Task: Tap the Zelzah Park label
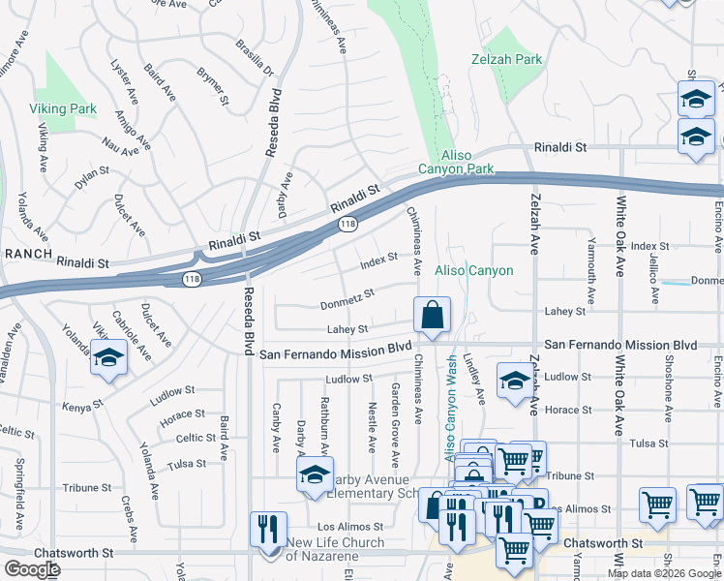tap(513, 59)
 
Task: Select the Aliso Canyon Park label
tap(455, 162)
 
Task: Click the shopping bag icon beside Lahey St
tap(432, 315)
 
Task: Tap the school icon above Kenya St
tap(109, 358)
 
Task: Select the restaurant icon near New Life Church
tap(268, 529)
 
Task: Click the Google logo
tap(32, 569)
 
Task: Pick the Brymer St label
tap(212, 86)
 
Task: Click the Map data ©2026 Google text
tap(663, 572)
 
